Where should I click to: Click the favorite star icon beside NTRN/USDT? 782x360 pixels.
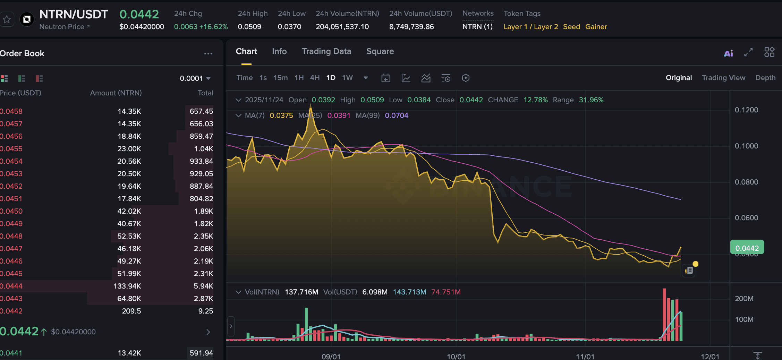(x=7, y=19)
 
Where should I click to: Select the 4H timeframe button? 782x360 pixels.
(x=315, y=78)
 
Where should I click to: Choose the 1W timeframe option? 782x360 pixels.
(x=347, y=78)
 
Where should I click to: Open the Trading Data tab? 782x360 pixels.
(x=326, y=51)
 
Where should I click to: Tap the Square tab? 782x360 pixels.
(x=380, y=51)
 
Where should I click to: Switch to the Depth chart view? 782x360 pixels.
(x=765, y=78)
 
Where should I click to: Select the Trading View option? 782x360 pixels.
(x=723, y=78)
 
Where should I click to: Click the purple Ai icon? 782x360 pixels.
(x=728, y=53)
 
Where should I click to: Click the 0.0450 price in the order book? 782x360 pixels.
(x=11, y=211)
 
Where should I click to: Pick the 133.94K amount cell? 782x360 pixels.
(x=127, y=286)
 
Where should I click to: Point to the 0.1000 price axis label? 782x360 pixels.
(x=746, y=146)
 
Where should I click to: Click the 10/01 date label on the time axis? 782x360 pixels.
(x=456, y=357)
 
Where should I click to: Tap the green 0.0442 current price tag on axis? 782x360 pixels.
(x=747, y=248)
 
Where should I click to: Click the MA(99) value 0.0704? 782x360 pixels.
(x=396, y=115)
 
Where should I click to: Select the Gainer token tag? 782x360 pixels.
(x=596, y=27)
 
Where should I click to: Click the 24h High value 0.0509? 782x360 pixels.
(x=249, y=27)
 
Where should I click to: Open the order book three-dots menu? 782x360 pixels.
(x=208, y=53)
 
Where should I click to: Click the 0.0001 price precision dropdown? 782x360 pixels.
(x=195, y=78)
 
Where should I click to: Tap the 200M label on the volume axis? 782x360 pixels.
(x=744, y=299)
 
